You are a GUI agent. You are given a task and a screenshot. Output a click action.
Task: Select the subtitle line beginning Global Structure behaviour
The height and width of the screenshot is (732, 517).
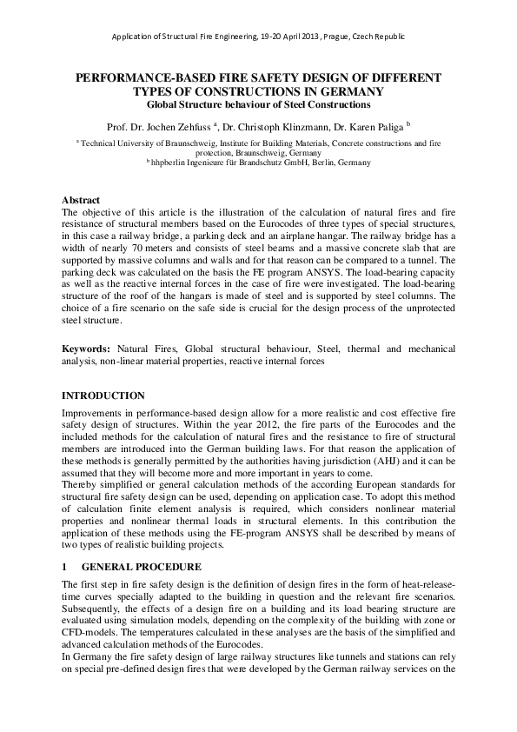[x=258, y=104]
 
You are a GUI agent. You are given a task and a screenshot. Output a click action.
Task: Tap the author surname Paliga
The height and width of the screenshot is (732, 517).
[x=388, y=125]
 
